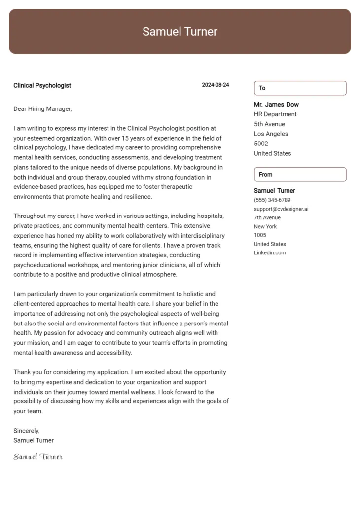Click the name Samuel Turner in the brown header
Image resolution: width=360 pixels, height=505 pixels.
pyautogui.click(x=180, y=32)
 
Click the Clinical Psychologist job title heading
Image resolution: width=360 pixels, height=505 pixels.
pyautogui.click(x=42, y=85)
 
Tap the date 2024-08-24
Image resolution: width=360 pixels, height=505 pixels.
pyautogui.click(x=216, y=85)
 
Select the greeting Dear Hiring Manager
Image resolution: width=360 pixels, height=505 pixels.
pyautogui.click(x=42, y=108)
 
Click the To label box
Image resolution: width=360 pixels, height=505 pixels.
pyautogui.click(x=300, y=88)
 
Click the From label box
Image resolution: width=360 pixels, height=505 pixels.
pyautogui.click(x=300, y=175)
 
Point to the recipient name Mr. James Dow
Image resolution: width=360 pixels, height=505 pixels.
pyautogui.click(x=276, y=105)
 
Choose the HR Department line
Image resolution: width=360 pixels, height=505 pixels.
pyautogui.click(x=275, y=114)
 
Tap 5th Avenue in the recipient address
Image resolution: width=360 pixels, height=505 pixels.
pyautogui.click(x=269, y=124)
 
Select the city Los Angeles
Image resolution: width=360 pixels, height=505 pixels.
pyautogui.click(x=271, y=134)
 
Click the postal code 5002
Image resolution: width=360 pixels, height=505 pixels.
pyautogui.click(x=261, y=144)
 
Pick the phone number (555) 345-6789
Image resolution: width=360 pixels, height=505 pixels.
pyautogui.click(x=272, y=200)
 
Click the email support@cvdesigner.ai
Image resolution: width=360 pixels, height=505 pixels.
pyautogui.click(x=281, y=209)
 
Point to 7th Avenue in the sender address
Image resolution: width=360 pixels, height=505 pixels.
pyautogui.click(x=267, y=218)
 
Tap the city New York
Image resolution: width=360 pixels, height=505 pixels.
pyautogui.click(x=265, y=227)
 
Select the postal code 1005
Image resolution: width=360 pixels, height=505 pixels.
pyautogui.click(x=260, y=235)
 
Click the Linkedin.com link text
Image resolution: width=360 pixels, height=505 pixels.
pyautogui.click(x=270, y=253)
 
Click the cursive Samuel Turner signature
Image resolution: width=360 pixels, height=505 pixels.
pyautogui.click(x=38, y=457)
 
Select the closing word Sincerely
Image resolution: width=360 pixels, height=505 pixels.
pyautogui.click(x=27, y=431)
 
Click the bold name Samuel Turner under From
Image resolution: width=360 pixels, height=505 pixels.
pyautogui.click(x=274, y=191)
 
